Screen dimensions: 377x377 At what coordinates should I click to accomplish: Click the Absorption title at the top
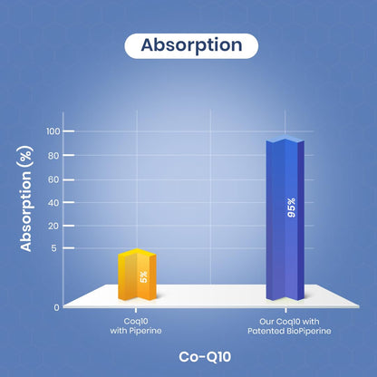(x=191, y=45)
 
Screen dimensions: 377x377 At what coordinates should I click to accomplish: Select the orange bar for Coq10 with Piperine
(x=137, y=275)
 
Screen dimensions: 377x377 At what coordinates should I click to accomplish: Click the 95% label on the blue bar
(x=292, y=208)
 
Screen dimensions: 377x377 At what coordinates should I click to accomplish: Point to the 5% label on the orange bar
(x=144, y=276)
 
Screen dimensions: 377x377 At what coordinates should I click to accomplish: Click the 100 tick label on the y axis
(x=53, y=131)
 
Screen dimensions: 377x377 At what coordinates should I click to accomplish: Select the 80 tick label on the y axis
(x=53, y=156)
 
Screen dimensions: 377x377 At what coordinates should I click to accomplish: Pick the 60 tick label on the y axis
(x=53, y=179)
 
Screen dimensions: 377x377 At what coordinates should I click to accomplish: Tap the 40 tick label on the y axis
(x=53, y=203)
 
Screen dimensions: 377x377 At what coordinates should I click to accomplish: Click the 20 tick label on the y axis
(x=53, y=226)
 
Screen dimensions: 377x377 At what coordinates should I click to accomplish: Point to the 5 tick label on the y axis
(x=53, y=248)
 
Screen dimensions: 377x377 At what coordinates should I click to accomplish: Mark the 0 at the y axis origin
(x=56, y=307)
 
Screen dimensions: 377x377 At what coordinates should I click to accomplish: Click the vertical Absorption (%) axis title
(x=26, y=198)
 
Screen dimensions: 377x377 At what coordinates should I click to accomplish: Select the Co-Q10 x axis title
(x=205, y=357)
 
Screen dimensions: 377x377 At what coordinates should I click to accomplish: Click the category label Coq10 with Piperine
(x=136, y=326)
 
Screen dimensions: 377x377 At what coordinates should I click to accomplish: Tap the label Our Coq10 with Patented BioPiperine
(x=289, y=326)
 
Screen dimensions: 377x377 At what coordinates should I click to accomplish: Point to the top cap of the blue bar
(x=285, y=139)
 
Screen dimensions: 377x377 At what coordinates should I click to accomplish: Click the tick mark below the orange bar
(x=136, y=310)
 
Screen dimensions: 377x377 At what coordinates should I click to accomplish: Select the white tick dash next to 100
(x=69, y=131)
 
